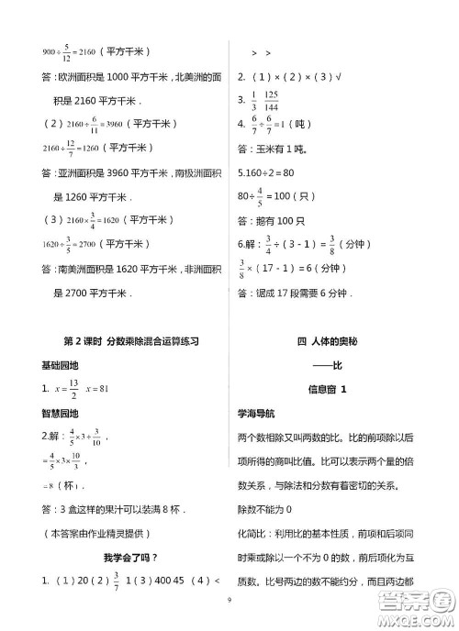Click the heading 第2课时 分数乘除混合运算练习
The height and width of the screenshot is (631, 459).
pyautogui.click(x=131, y=339)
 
